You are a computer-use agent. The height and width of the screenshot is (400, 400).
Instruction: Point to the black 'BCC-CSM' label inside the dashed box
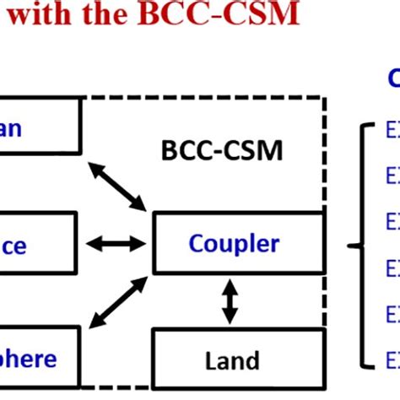click(x=222, y=151)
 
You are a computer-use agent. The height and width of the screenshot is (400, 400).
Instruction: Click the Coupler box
click(x=237, y=243)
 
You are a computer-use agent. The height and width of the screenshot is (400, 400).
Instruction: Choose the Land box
click(x=237, y=361)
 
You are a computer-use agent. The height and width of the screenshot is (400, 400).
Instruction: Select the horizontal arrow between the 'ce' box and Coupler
click(x=117, y=244)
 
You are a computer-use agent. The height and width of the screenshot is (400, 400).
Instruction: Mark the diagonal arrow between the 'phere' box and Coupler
click(x=117, y=301)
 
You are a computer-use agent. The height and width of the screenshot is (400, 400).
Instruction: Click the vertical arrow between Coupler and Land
click(x=229, y=301)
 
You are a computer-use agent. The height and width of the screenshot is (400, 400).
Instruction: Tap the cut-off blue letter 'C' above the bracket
click(x=393, y=78)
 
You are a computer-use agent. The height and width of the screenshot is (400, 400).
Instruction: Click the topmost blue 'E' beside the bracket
click(x=392, y=131)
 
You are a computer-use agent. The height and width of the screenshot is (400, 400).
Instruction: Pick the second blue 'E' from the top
click(x=392, y=176)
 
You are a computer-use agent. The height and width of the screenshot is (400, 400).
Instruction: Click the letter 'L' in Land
click(x=211, y=361)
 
